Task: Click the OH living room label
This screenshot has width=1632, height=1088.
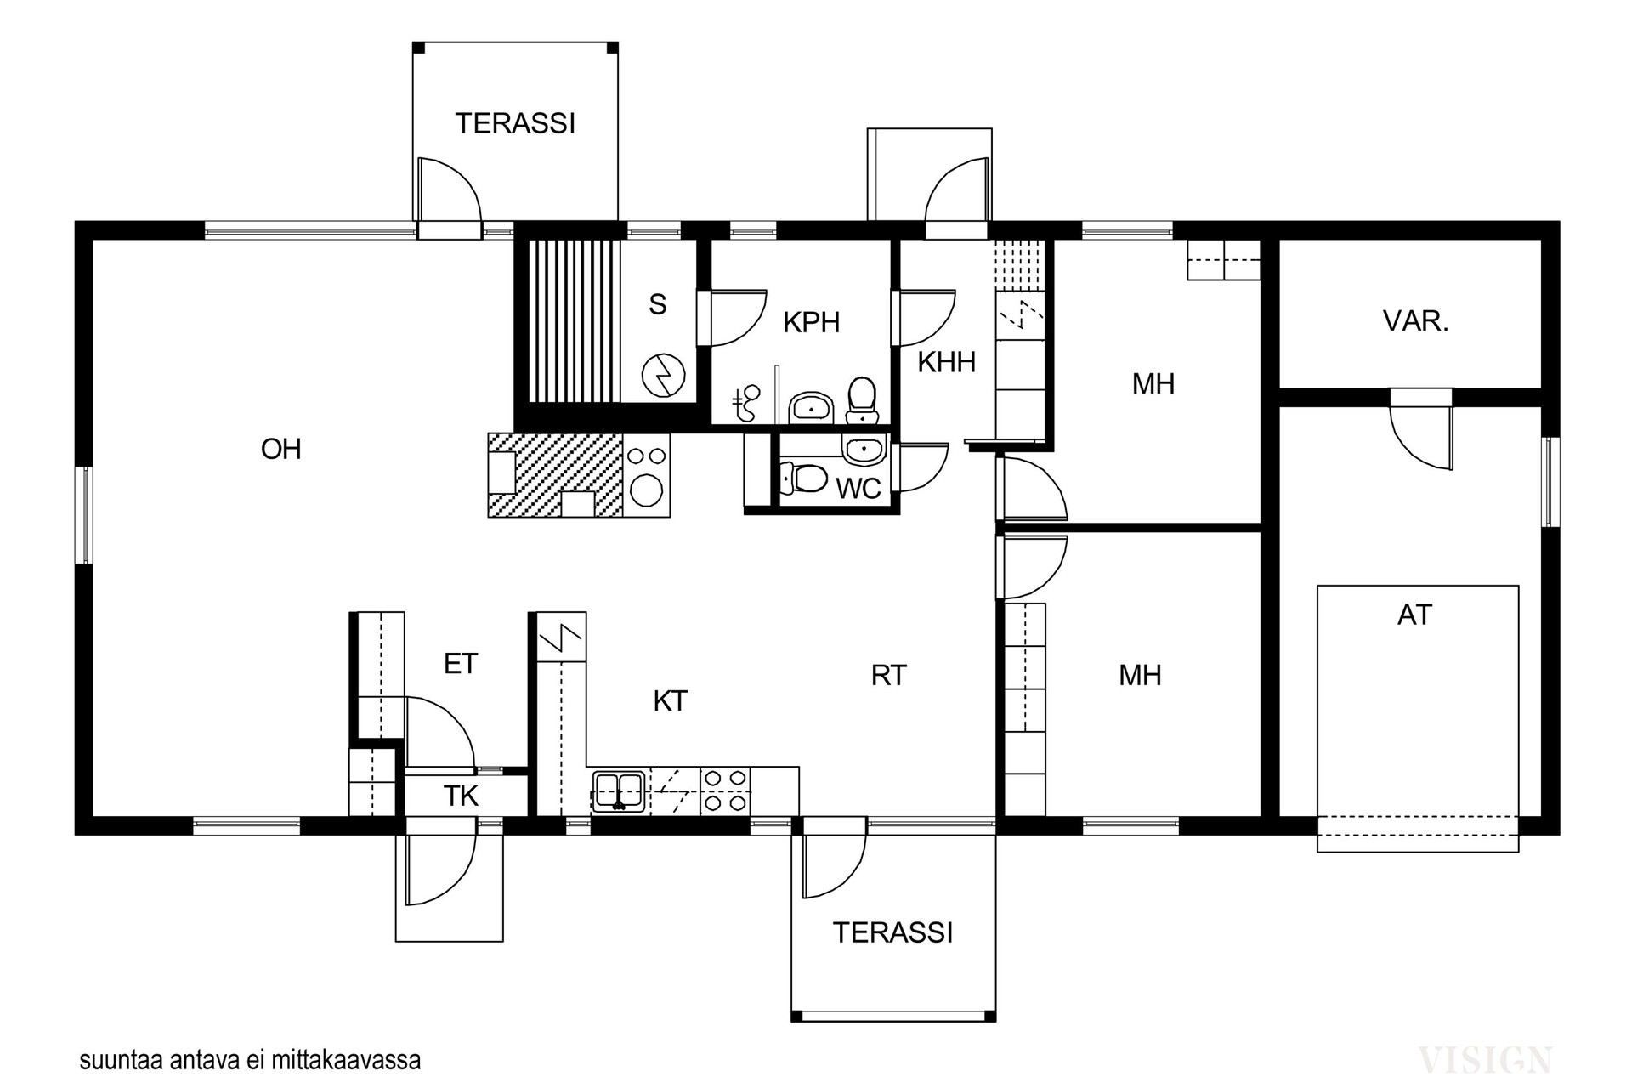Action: click(280, 449)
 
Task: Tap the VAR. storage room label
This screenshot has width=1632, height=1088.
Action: click(1415, 321)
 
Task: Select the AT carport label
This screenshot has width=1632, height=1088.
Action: click(1414, 615)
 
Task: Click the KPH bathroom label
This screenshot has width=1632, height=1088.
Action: click(811, 323)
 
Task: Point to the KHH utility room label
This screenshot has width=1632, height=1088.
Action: click(946, 363)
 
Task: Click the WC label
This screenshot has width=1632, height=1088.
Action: click(858, 489)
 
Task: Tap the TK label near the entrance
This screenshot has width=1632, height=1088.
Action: click(461, 796)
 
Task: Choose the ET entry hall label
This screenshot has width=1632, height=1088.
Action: click(461, 664)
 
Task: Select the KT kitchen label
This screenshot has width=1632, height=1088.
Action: click(670, 701)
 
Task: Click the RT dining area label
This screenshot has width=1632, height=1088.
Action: click(888, 676)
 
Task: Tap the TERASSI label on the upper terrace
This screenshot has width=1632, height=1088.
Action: click(515, 124)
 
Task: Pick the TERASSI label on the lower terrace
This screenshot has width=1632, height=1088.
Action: click(892, 933)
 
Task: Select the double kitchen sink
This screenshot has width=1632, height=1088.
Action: click(618, 790)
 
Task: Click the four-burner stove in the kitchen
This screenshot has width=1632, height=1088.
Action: click(725, 790)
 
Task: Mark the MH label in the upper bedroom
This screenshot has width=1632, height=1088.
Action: click(1153, 384)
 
